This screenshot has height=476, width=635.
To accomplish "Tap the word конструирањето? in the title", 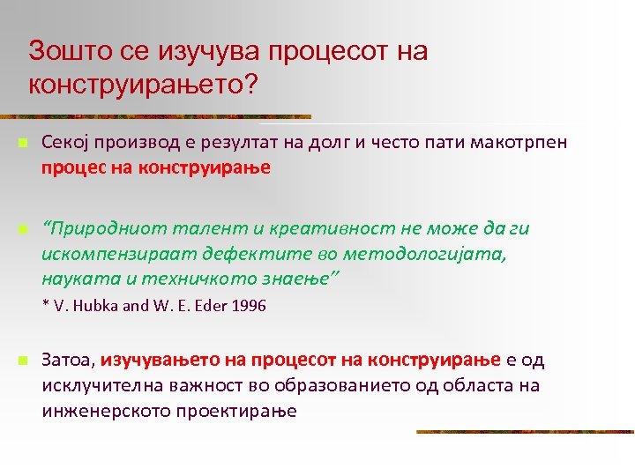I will point(142,86).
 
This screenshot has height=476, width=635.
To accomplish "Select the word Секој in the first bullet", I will point(63,143).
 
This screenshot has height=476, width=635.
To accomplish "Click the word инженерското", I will point(102,410).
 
